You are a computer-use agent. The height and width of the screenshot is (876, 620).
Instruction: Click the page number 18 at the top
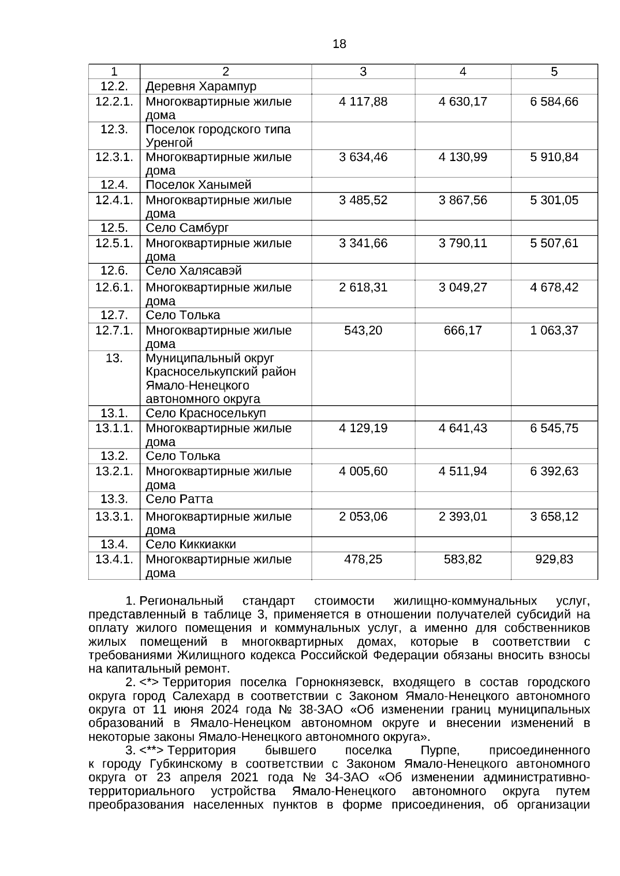(339, 44)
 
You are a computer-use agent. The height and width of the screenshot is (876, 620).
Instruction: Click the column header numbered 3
(363, 72)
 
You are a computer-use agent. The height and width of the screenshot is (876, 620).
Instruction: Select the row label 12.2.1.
(114, 102)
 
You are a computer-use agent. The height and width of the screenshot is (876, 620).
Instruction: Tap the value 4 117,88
(363, 102)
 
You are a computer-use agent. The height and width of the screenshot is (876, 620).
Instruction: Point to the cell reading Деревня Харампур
(201, 86)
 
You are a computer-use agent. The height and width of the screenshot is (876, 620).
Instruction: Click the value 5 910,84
(554, 157)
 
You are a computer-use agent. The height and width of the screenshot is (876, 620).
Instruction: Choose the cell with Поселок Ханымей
(198, 185)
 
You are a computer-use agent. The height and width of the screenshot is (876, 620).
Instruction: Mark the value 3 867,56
(462, 200)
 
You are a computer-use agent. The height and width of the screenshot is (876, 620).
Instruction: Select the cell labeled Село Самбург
(187, 228)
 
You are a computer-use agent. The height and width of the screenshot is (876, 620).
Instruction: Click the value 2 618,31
(363, 288)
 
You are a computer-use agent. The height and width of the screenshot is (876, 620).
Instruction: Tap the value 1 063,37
(554, 330)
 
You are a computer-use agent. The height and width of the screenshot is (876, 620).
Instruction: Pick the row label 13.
(114, 358)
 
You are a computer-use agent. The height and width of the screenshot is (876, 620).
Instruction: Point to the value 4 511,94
(462, 471)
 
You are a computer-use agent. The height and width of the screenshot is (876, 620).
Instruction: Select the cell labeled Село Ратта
(179, 499)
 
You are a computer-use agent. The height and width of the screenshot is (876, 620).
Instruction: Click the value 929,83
(554, 560)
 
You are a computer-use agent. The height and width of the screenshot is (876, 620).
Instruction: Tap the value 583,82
(462, 560)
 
